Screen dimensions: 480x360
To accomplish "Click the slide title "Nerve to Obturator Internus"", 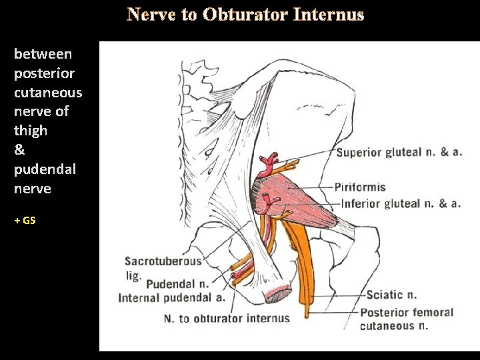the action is coord(246,15).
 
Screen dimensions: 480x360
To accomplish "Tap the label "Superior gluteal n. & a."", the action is coord(399,152).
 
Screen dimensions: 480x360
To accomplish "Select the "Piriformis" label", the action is coord(359,187).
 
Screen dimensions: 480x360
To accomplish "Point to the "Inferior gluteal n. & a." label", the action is coord(401,203).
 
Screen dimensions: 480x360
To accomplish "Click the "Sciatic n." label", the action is coord(393,295).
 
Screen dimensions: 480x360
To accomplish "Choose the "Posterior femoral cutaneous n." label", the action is coord(406,319).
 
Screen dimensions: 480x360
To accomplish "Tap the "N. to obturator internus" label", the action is coord(227,318).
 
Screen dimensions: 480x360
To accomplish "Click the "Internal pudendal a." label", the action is coord(171,297).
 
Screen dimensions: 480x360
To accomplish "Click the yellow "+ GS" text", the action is coord(25,220).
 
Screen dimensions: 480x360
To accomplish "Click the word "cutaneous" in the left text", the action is coord(48,92).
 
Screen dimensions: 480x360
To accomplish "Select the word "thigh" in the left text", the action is coord(31,130).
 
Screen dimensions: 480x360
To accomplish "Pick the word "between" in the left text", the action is coord(43,53).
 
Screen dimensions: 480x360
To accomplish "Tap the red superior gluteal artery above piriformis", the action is coord(269,160).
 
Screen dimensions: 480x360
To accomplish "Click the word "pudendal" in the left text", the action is coord(45,169).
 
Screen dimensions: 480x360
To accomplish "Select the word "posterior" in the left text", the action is coord(44,73).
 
